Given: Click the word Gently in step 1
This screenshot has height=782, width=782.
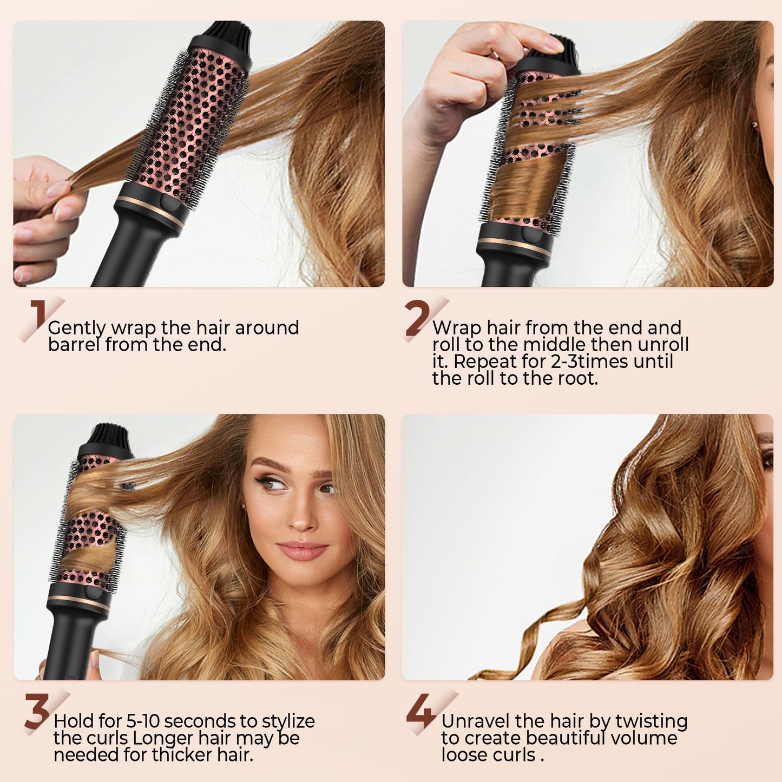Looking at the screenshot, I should click(77, 328).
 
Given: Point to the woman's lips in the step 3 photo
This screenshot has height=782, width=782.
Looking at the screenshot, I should click(302, 550).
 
